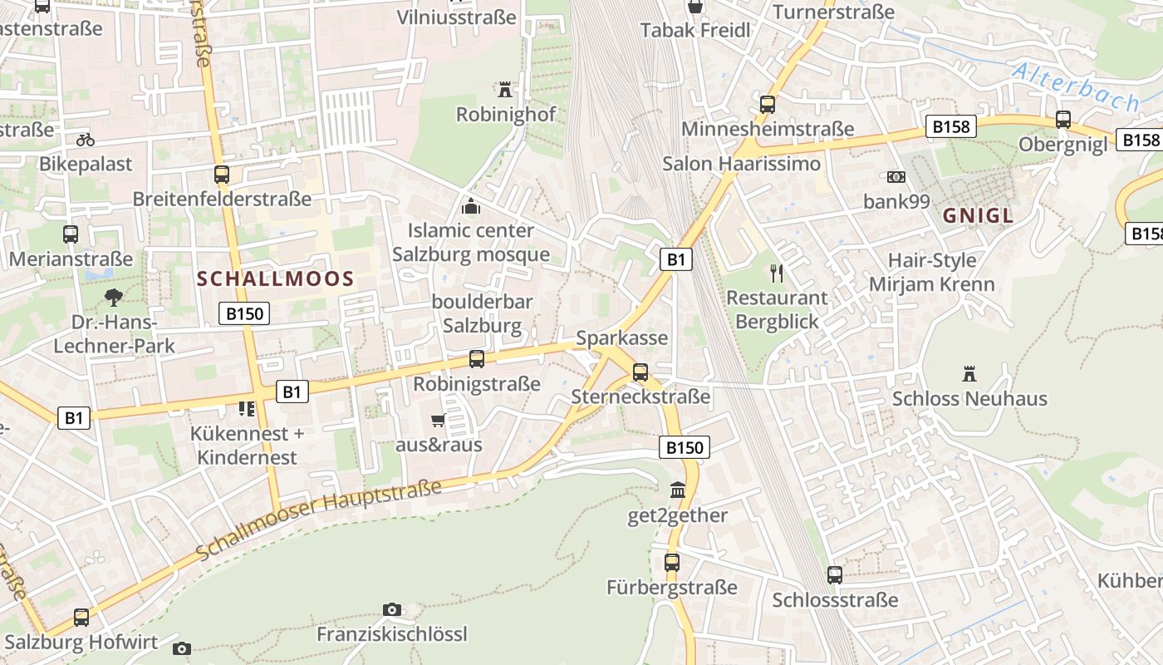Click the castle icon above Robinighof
504,89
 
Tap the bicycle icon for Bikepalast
85,139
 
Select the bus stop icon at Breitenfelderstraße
221,175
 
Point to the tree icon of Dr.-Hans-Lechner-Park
114,297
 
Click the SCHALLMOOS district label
276,279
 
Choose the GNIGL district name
978,216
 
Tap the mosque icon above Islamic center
471,206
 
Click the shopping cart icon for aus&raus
438,420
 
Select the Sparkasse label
621,338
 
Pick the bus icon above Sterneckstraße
640,372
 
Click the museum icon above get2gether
678,490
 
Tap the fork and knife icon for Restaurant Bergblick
777,273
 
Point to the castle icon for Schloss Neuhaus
969,374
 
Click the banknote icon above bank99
896,177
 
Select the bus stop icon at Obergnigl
1063,120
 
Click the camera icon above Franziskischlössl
392,610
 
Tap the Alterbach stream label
1075,87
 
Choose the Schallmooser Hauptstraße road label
319,517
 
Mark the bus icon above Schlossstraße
835,574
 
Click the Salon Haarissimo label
741,164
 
